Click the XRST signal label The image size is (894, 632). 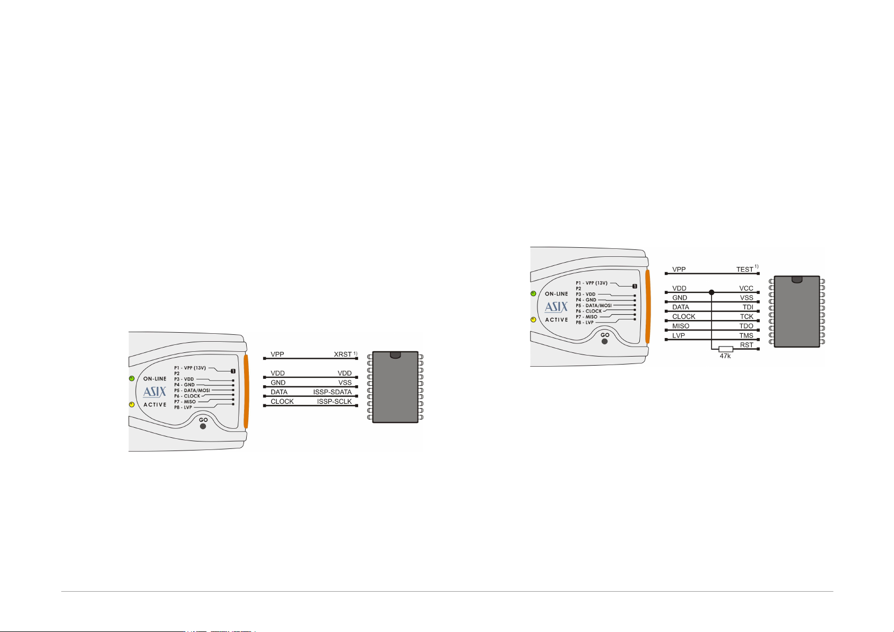[x=342, y=354]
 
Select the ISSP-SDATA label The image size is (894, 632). [x=333, y=392]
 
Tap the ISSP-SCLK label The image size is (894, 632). [x=334, y=402]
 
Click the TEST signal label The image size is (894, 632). [x=745, y=270]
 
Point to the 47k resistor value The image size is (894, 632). [x=725, y=356]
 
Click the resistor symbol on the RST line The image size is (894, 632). [x=726, y=349]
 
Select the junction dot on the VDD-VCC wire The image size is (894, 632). [x=711, y=292]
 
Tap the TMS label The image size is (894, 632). [x=747, y=336]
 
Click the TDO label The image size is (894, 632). [x=747, y=326]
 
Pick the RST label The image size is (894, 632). [x=747, y=345]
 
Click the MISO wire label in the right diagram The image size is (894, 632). [x=681, y=326]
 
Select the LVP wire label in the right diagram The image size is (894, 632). [x=679, y=336]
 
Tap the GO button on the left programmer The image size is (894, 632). [x=203, y=426]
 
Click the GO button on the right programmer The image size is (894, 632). [x=605, y=341]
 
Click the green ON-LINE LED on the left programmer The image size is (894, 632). [x=131, y=378]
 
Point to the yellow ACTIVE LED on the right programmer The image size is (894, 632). [x=533, y=319]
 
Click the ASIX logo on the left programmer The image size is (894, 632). [x=154, y=392]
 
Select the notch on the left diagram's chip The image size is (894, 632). [x=395, y=355]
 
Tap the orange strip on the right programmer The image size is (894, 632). [x=647, y=307]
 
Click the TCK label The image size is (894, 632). [x=747, y=317]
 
